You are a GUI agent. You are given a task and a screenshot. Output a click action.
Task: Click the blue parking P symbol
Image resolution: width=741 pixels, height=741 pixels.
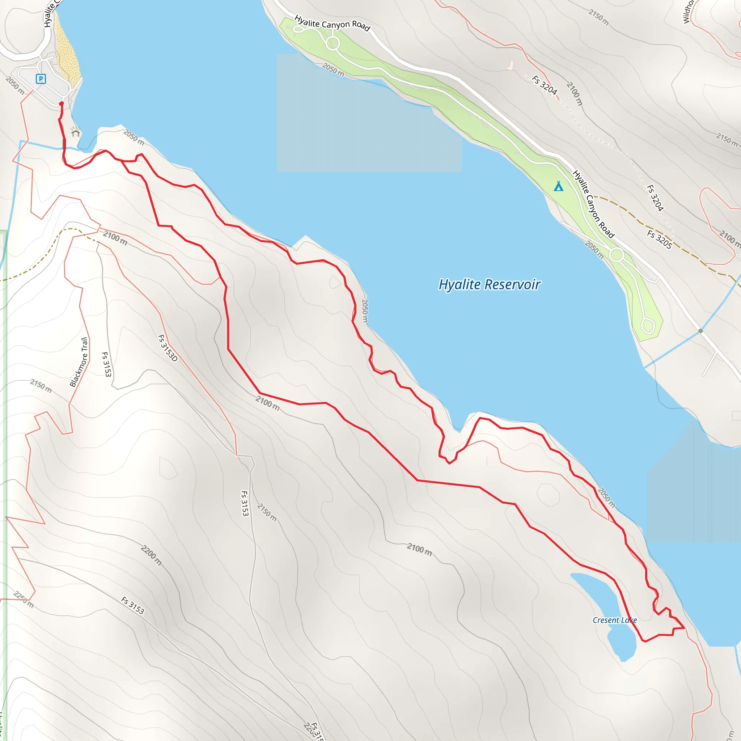coord(41,79)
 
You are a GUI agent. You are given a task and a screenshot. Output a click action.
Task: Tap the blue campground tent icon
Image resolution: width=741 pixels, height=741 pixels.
coord(558,186)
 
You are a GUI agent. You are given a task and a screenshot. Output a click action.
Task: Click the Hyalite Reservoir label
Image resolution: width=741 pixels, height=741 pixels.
coord(490,285)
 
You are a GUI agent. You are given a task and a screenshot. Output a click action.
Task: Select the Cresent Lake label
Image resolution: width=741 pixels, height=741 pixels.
coord(614,620)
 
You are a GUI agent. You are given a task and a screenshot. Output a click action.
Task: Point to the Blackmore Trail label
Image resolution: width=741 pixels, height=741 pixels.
coord(79,362)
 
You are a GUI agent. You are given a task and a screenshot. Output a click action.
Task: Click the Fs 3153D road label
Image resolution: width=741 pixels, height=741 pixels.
coord(168,348)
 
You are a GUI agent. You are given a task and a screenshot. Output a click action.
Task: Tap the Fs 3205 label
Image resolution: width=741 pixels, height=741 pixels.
coord(659,239)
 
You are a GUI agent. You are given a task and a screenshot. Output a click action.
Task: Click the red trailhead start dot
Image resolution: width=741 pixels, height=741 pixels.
coord(62,103)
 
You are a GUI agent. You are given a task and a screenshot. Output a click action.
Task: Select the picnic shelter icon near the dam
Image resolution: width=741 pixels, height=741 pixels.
coord(76,132)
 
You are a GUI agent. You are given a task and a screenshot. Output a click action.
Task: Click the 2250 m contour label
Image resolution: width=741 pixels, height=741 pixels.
coord(24,600)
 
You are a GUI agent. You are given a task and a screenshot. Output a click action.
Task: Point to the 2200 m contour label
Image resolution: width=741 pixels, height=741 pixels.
coord(151,555)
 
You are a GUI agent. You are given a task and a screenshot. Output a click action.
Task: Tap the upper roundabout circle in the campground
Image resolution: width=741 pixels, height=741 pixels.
coord(333,43)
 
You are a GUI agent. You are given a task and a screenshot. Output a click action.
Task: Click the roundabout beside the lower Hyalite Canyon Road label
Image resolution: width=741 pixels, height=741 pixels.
coord(616,255)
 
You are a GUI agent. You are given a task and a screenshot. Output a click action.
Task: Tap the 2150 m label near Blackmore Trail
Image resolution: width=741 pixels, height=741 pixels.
coord(41,386)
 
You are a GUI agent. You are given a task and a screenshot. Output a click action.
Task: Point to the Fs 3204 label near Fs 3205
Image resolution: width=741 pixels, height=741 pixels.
coord(655,198)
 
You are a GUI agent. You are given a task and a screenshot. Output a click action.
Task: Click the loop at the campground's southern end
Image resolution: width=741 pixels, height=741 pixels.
coord(648,326)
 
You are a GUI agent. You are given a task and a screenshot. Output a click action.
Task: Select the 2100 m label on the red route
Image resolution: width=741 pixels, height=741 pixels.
coord(267,403)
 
